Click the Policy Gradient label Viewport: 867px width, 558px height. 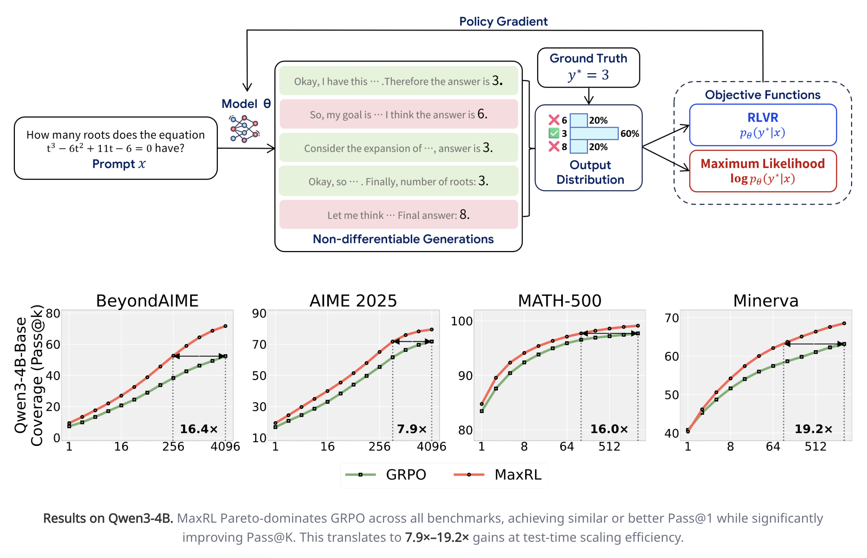click(x=503, y=21)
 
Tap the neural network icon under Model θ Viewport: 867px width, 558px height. click(x=244, y=129)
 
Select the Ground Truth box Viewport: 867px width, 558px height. click(x=588, y=68)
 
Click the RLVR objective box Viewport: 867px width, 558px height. click(x=762, y=124)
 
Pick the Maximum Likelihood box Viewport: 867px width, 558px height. click(x=762, y=171)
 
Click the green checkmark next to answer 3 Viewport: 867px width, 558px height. click(x=554, y=133)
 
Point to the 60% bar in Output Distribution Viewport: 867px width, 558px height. click(x=593, y=133)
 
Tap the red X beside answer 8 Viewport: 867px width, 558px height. click(x=554, y=147)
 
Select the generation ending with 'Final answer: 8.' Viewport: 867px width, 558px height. click(x=398, y=215)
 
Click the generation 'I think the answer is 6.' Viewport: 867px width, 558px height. click(x=398, y=114)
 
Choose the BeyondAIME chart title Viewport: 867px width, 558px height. click(x=147, y=301)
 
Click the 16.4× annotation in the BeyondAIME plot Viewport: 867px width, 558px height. click(x=199, y=429)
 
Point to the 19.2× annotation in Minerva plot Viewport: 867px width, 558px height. click(x=813, y=429)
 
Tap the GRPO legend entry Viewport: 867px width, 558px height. click(x=386, y=474)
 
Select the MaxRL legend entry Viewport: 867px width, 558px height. click(x=498, y=474)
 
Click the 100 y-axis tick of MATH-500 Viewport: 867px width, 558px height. click(x=461, y=321)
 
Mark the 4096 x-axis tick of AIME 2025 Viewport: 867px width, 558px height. click(x=431, y=446)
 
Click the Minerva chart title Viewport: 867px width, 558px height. click(x=765, y=301)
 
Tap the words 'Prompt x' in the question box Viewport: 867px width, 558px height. click(x=119, y=164)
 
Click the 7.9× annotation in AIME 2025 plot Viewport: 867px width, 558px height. click(x=412, y=429)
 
